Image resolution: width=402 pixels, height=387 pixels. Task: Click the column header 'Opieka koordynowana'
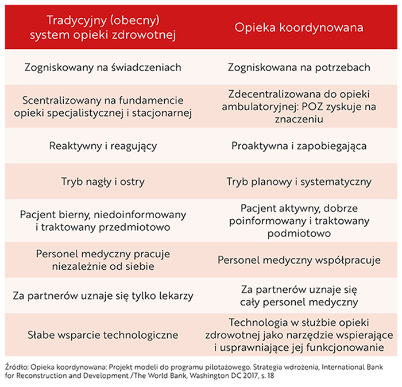pyautogui.click(x=299, y=27)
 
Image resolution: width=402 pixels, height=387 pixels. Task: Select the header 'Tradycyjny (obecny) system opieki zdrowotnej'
pyautogui.click(x=103, y=27)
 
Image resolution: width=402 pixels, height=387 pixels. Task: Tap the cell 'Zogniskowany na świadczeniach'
pyautogui.click(x=103, y=67)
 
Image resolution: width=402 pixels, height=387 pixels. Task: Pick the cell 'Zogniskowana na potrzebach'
pyautogui.click(x=299, y=67)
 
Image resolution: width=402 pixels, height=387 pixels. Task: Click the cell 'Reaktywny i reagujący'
pyautogui.click(x=103, y=146)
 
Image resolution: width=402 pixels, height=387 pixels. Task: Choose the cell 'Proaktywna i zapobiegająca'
pyautogui.click(x=299, y=146)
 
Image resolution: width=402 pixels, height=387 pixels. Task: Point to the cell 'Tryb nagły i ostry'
pyautogui.click(x=103, y=182)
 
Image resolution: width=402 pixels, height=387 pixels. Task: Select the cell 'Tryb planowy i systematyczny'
pyautogui.click(x=299, y=182)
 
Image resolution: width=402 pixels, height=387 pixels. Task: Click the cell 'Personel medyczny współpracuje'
pyautogui.click(x=299, y=260)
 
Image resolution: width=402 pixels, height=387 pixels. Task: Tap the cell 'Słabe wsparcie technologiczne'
pyautogui.click(x=103, y=335)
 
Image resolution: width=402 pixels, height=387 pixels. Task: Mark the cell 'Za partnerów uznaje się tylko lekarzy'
pyautogui.click(x=103, y=296)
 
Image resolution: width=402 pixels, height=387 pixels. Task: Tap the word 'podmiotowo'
pyautogui.click(x=299, y=234)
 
